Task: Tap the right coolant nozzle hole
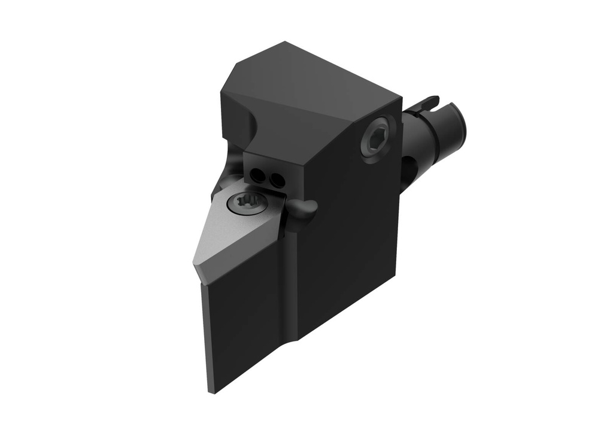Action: (x=276, y=179)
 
